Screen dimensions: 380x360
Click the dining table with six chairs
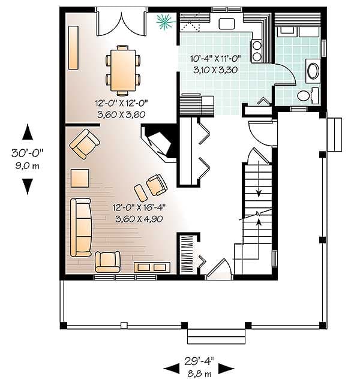coord(123,70)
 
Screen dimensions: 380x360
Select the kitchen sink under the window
coord(226,24)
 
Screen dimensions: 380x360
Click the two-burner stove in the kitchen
coord(257,51)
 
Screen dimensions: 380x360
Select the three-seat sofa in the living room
coord(80,227)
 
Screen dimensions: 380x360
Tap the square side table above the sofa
coord(80,178)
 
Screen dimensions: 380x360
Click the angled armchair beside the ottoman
coord(156,185)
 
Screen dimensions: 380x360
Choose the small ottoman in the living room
coord(140,192)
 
